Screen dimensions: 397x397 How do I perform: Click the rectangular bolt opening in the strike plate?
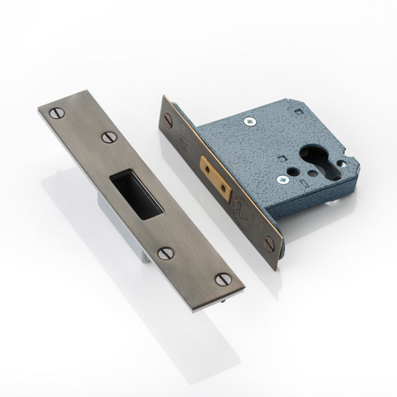click(137, 194)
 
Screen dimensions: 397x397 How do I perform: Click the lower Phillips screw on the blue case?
click(283, 177)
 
